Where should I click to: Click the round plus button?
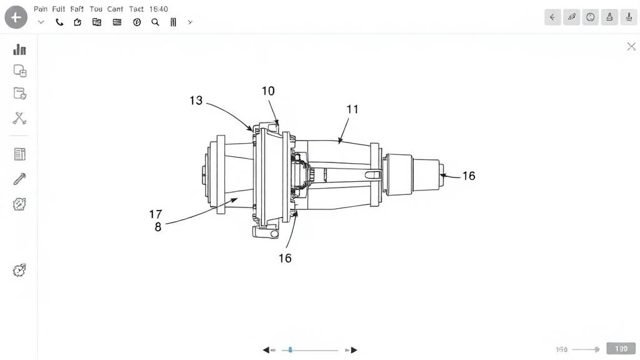click(16, 17)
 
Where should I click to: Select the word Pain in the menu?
click(41, 9)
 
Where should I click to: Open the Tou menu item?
click(96, 9)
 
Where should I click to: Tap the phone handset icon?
click(59, 22)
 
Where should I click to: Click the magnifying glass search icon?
click(155, 22)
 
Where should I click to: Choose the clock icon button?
click(590, 17)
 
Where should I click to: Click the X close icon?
click(631, 46)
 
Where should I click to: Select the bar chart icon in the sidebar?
click(19, 49)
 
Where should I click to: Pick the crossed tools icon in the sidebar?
click(19, 117)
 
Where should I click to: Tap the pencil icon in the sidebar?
click(19, 179)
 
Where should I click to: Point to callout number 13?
click(196, 100)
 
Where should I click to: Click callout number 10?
click(268, 91)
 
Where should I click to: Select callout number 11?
click(352, 109)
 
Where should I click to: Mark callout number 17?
click(156, 214)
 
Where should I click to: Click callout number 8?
click(158, 227)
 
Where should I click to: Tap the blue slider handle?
click(290, 350)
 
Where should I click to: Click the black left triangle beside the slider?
click(266, 350)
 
